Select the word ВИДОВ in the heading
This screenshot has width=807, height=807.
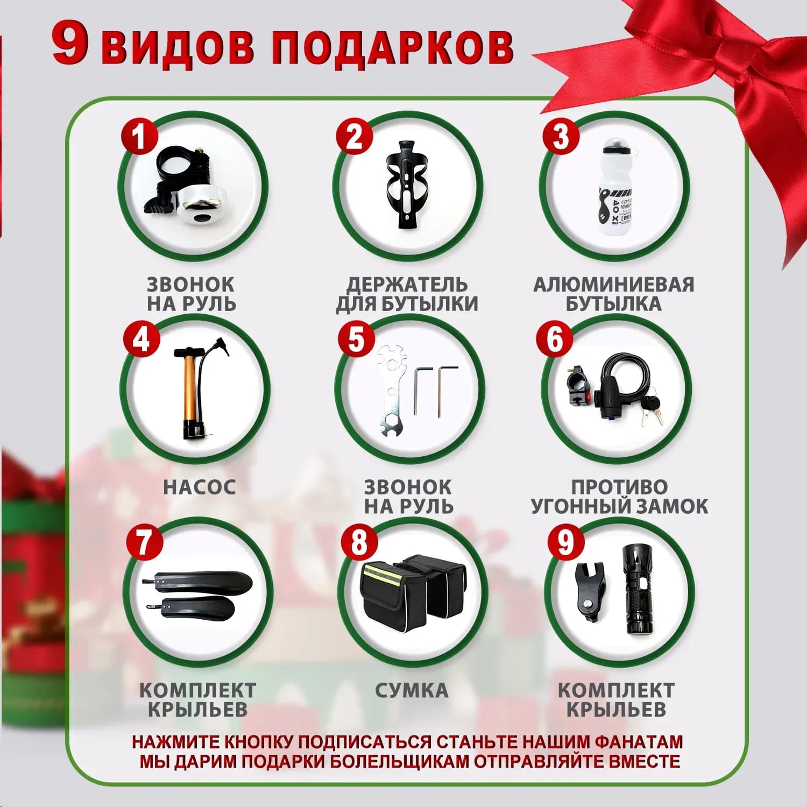click(178, 47)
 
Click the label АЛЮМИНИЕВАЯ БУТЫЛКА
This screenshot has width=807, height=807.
click(614, 294)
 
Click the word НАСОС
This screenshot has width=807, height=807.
click(200, 487)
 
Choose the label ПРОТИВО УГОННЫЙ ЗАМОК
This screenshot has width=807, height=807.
click(619, 497)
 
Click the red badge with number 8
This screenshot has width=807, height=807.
click(359, 542)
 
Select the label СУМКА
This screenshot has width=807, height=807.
click(412, 690)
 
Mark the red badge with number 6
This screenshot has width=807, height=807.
click(555, 339)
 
